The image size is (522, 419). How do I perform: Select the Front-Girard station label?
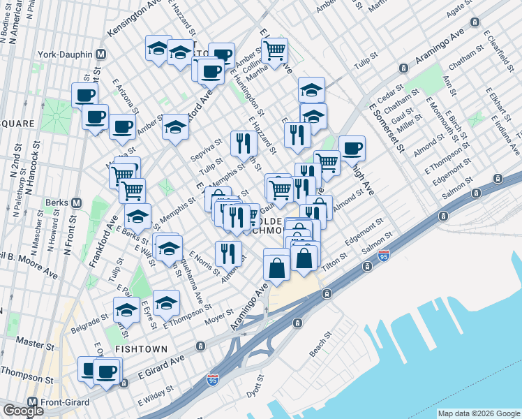pyautogui.click(x=62, y=402)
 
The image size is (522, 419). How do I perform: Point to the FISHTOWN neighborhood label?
pyautogui.click(x=141, y=348)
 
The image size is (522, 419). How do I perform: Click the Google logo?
pyautogui.click(x=23, y=410)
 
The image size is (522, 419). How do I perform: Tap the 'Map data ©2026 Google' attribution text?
pyautogui.click(x=478, y=413)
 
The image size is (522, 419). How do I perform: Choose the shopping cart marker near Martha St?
pyautogui.click(x=275, y=51)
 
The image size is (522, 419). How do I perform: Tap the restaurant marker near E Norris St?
pyautogui.click(x=228, y=253)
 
